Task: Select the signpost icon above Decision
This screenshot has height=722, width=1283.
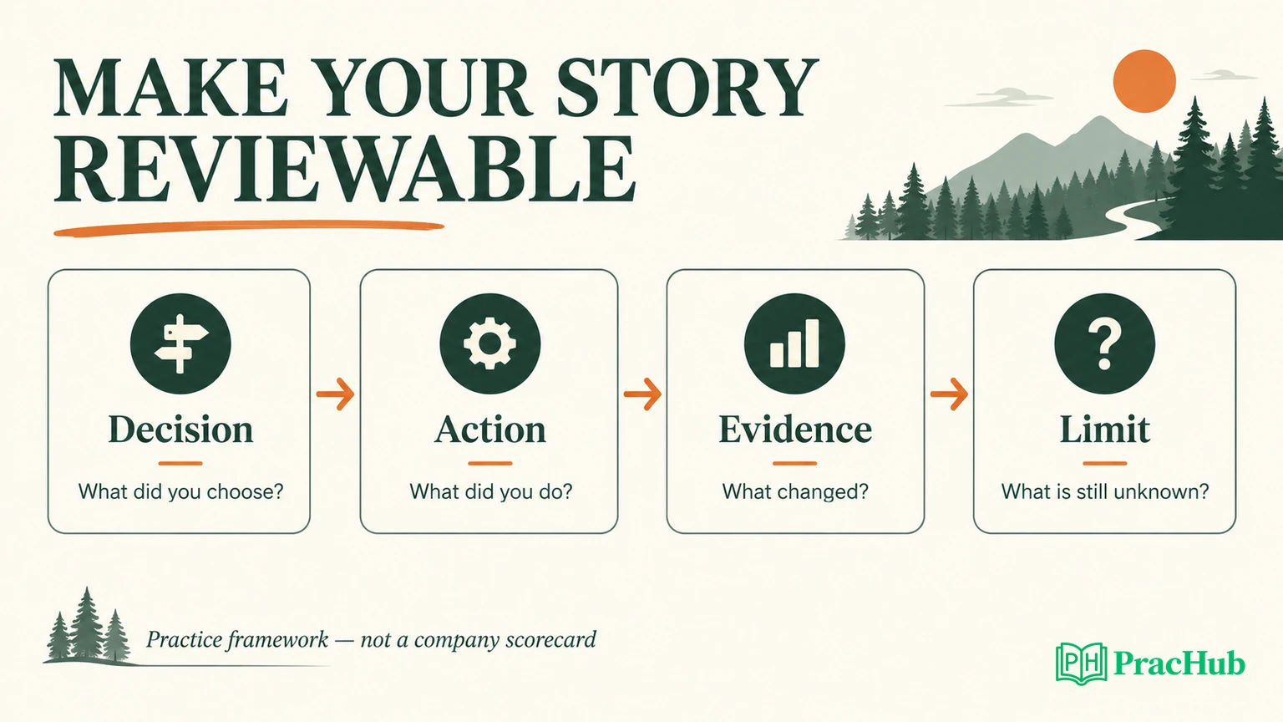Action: coord(180,343)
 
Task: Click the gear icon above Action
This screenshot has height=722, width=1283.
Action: coord(489,343)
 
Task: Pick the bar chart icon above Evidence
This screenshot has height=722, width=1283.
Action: coord(794,343)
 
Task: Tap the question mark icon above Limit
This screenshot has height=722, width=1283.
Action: coord(1104,343)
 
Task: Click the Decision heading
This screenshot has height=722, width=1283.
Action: coord(180,430)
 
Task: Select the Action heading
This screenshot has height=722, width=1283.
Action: coord(489,430)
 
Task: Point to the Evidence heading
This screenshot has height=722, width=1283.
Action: coord(795,430)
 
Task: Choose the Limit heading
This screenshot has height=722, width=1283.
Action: coord(1104,430)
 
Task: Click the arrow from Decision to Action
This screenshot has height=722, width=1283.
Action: coord(335,394)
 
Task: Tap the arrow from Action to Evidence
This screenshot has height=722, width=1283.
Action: coord(642,394)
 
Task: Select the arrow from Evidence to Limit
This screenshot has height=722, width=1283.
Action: coord(949,394)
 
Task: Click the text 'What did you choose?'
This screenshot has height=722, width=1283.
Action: coord(181,492)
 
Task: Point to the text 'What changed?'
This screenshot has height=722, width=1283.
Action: coord(795,492)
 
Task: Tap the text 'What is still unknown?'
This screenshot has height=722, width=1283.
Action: coord(1105,491)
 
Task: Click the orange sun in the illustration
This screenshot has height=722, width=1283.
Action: coord(1144,81)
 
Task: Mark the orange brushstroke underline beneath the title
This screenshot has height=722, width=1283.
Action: coord(249,228)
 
